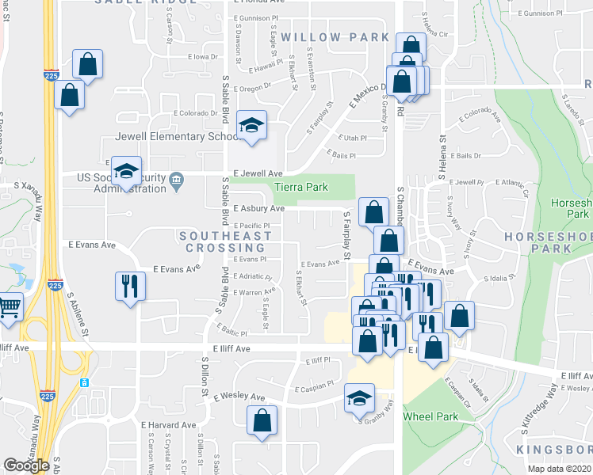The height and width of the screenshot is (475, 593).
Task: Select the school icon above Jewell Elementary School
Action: tap(251, 126)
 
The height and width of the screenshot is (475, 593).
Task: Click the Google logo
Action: tap(26, 465)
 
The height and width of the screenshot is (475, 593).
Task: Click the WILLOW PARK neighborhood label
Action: tap(323, 37)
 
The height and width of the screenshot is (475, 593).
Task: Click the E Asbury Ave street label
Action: tap(258, 209)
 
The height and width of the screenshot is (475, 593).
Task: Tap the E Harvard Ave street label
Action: tap(169, 425)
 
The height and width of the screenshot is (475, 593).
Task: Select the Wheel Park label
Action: tap(430, 416)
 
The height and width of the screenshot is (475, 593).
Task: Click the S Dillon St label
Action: tap(204, 380)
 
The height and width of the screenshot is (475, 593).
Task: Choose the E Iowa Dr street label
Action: tap(203, 57)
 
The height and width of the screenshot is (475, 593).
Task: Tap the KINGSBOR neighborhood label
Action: tap(555, 450)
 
